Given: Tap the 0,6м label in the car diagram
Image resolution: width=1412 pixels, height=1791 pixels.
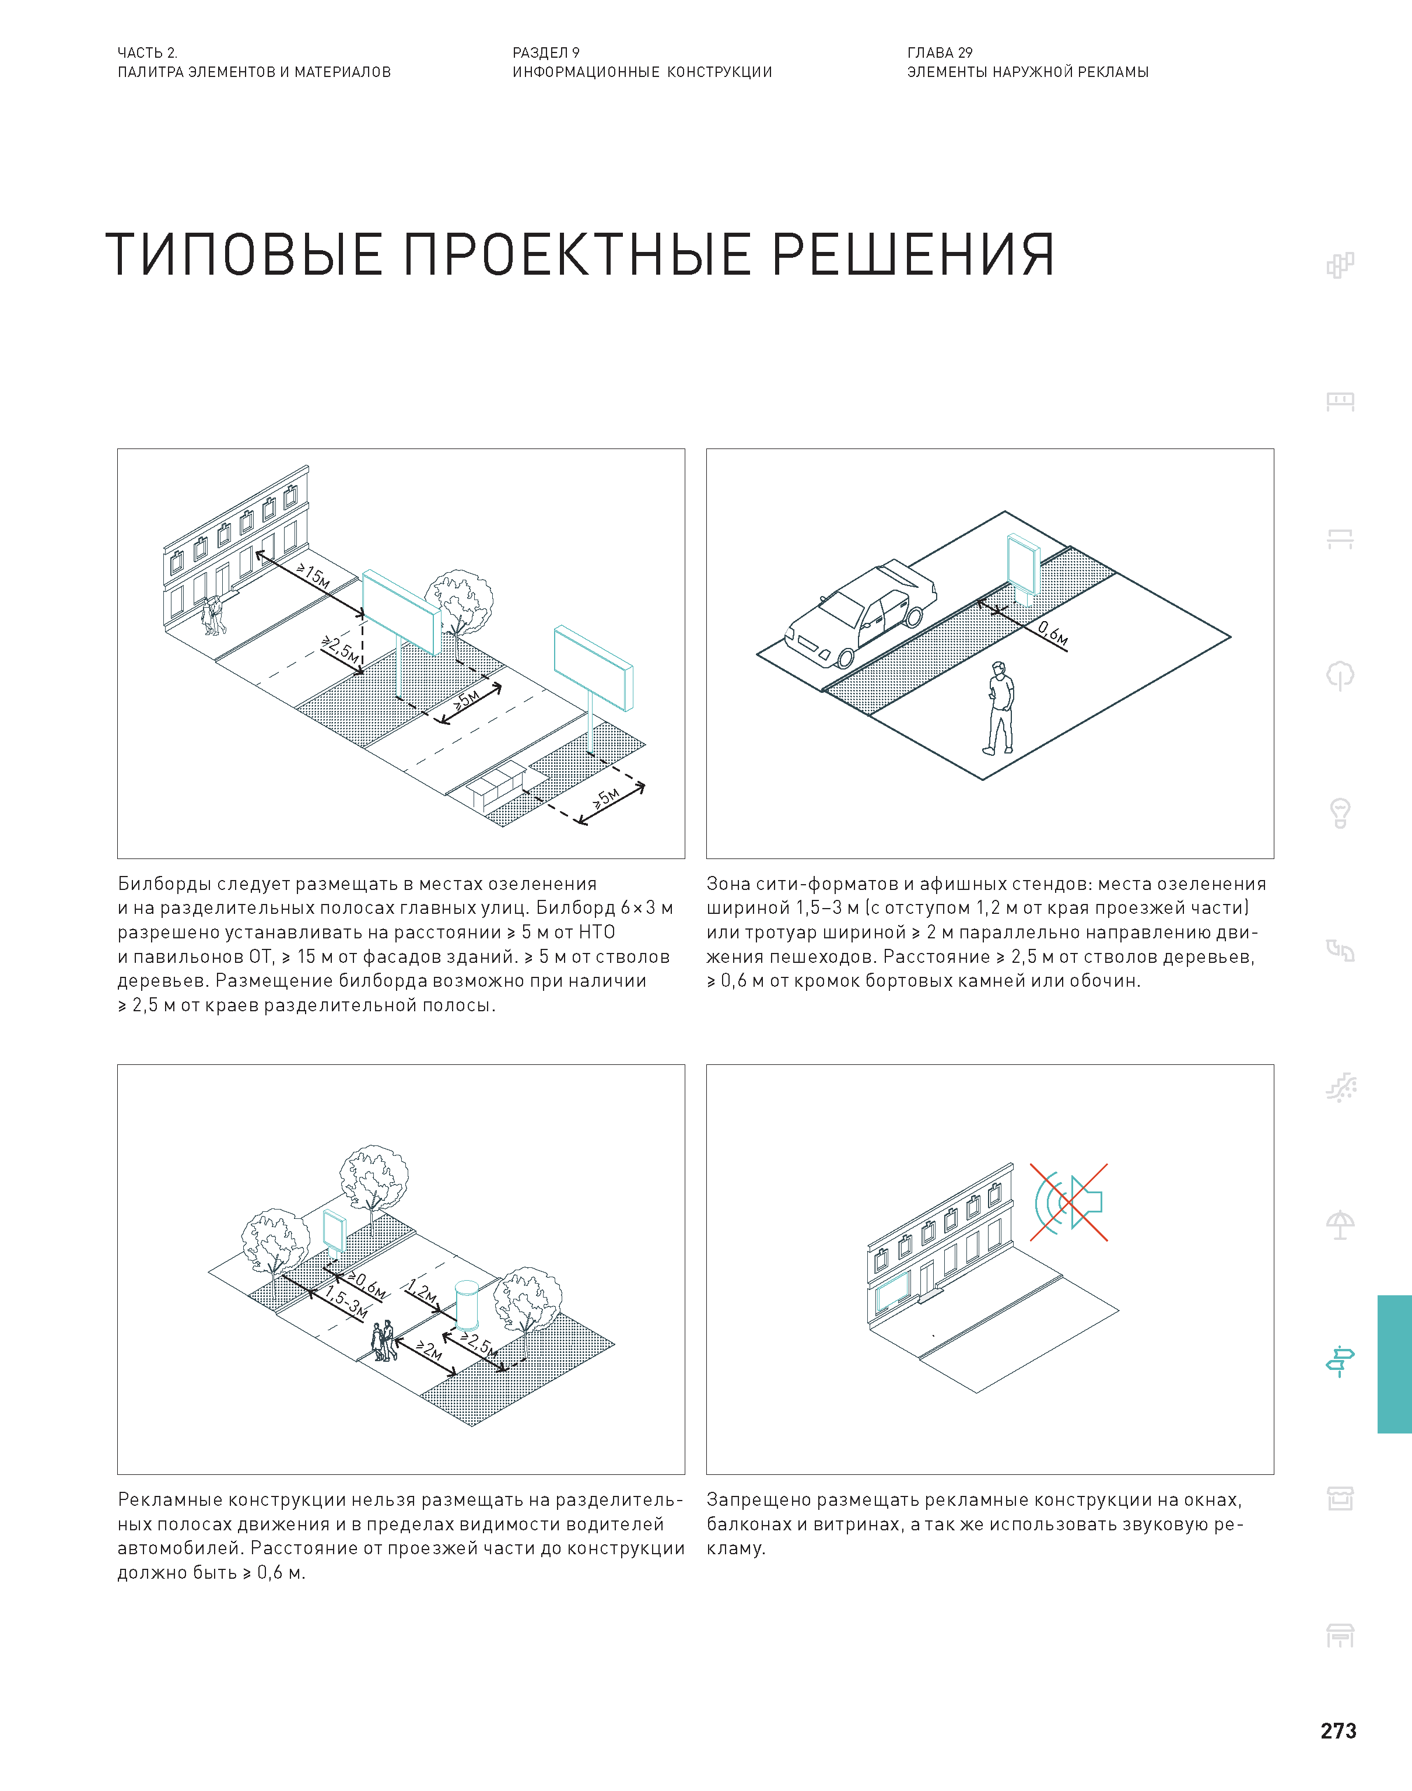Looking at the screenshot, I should point(1052,634).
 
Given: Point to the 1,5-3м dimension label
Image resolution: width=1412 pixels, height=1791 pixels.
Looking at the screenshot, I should point(345,1302).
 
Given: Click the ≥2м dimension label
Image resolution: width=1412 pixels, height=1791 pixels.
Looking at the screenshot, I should point(429,1351).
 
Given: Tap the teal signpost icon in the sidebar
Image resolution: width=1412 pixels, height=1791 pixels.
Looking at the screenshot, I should point(1339,1361).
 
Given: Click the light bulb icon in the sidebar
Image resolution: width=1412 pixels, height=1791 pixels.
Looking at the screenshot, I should point(1339,812).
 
